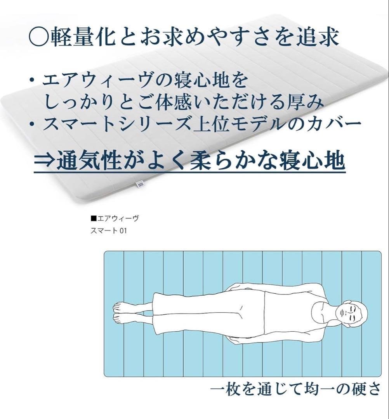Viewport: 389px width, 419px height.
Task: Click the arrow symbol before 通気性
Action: (x=45, y=161)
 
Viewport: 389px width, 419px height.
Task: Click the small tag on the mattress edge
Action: (x=141, y=185)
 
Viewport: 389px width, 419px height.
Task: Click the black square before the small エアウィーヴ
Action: (x=93, y=219)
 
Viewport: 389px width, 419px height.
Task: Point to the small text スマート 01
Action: (x=109, y=230)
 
